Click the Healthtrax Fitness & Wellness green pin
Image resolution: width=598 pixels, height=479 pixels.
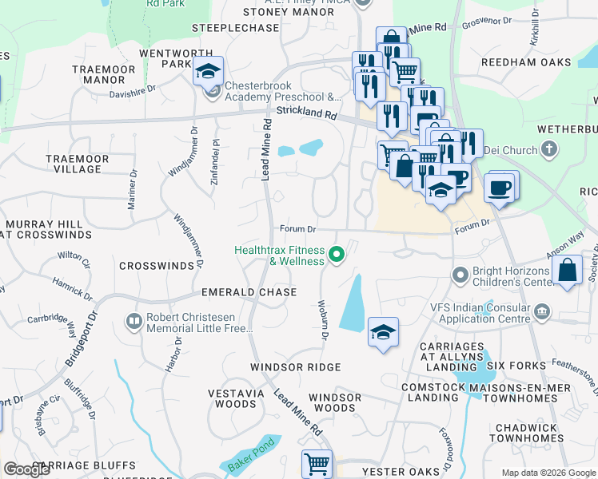[x=337, y=255]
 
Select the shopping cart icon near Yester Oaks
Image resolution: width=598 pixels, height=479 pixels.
[x=317, y=463]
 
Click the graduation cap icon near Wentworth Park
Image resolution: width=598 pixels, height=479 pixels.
[x=208, y=72]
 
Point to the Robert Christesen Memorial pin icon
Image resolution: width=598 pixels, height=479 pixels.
[x=134, y=322]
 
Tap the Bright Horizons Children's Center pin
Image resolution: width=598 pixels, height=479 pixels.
[x=460, y=276]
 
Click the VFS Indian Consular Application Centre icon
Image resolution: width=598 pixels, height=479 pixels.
[x=542, y=311]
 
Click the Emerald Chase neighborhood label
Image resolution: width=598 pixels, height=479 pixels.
[x=238, y=293]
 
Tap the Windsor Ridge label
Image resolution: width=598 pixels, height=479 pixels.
[x=295, y=367]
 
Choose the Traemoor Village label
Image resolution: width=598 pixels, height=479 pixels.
[x=77, y=164]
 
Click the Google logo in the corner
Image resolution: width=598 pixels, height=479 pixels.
[x=27, y=469]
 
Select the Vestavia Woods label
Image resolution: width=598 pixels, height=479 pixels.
[x=241, y=398]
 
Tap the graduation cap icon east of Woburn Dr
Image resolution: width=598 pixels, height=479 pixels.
[x=383, y=332]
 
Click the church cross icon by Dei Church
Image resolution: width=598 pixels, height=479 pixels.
[x=549, y=148]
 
